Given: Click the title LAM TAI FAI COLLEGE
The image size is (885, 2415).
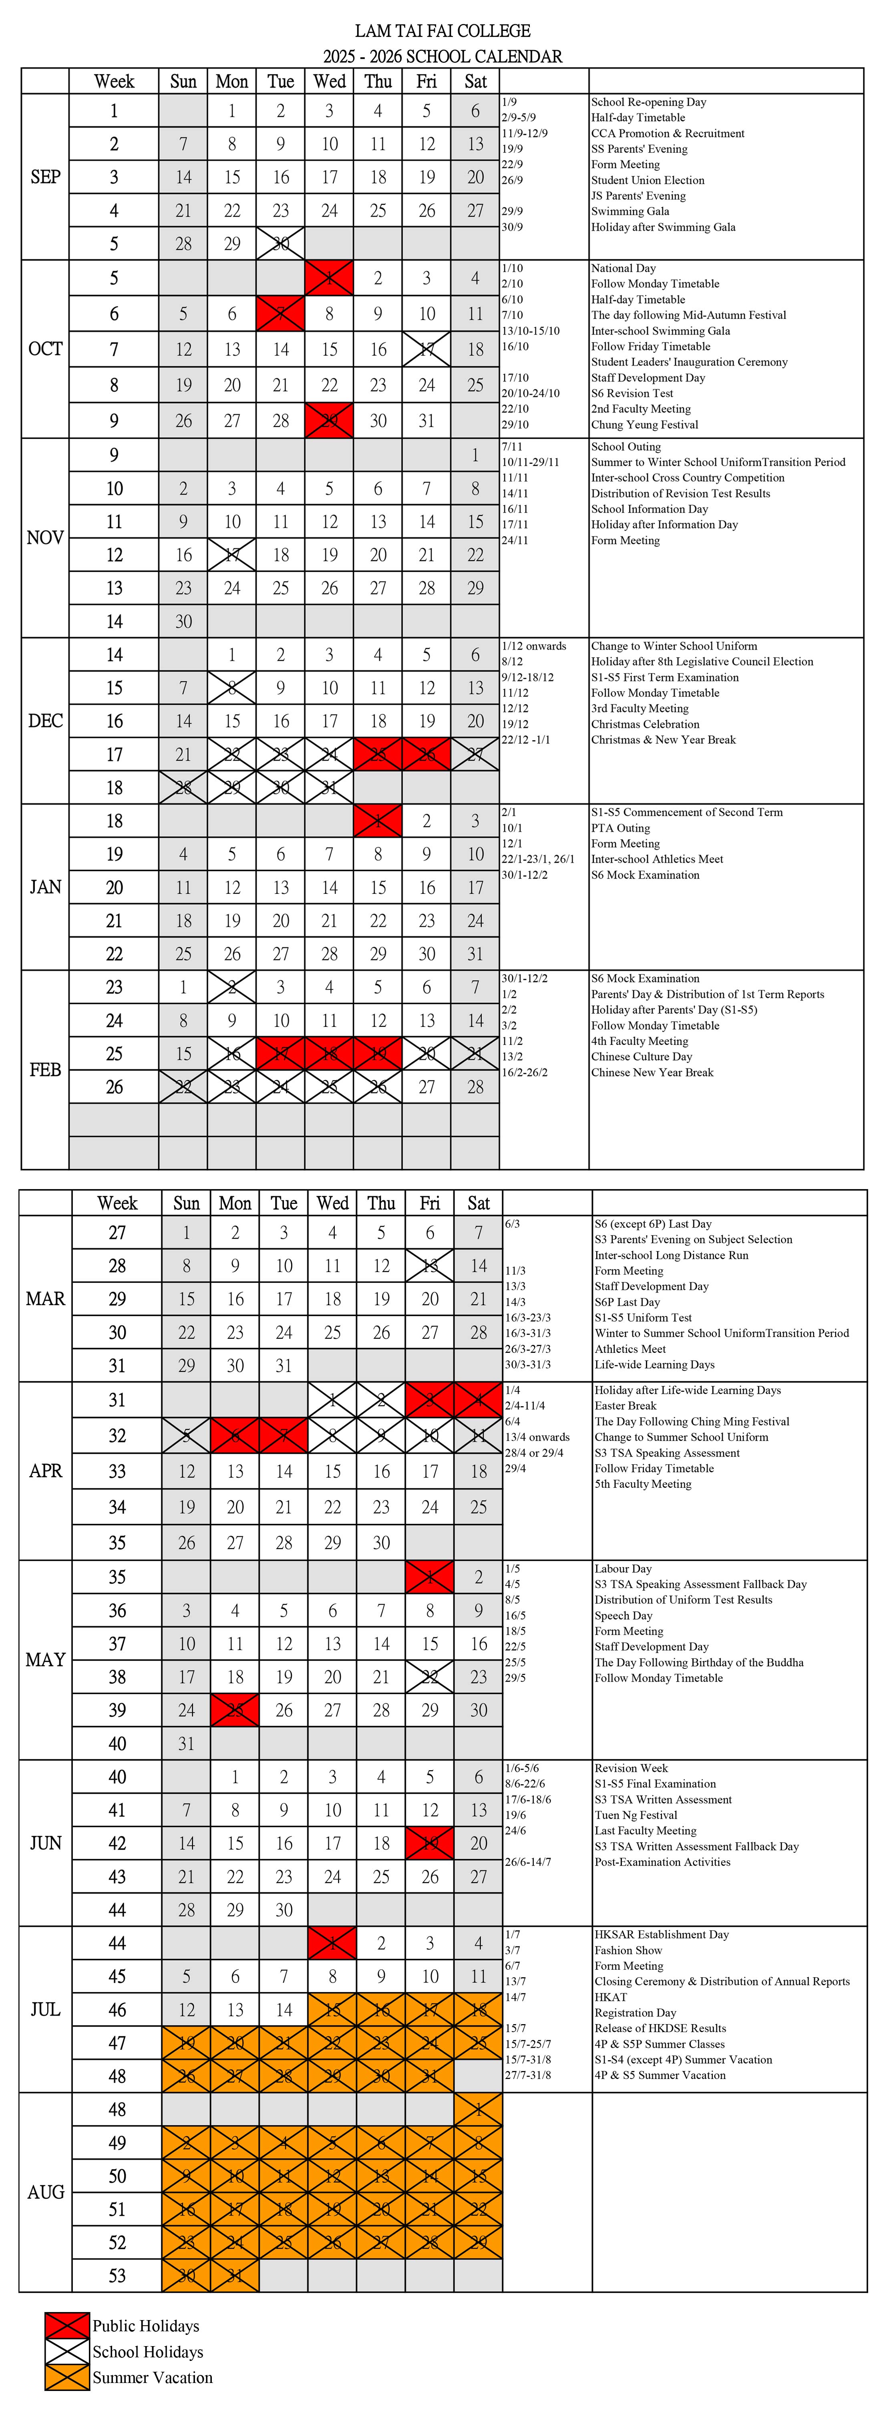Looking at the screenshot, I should [x=442, y=31].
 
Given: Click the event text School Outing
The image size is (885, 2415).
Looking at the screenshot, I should [x=626, y=447].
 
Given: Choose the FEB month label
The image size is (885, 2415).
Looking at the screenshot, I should [x=45, y=1070].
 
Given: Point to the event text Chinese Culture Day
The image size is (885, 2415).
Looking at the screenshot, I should [x=641, y=1057].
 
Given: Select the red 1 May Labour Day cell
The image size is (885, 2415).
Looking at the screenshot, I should [x=429, y=1577].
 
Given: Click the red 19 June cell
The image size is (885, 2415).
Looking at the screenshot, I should [x=429, y=1843].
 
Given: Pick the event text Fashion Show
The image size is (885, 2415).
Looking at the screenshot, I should [x=628, y=1950].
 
